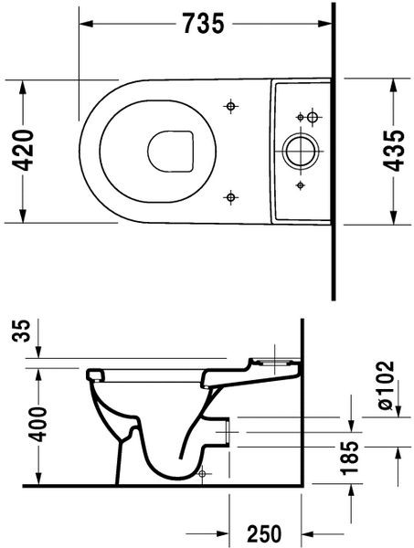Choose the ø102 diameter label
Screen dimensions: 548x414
386,387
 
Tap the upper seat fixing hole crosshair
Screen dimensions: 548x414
230,108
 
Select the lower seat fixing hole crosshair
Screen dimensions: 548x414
230,195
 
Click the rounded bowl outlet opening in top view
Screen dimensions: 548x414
171,151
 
